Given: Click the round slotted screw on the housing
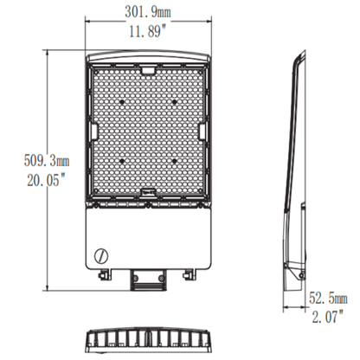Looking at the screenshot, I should [x=101, y=256].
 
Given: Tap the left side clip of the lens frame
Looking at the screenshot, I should [x=91, y=132].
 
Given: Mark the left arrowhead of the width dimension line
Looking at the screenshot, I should [x=87, y=22].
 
